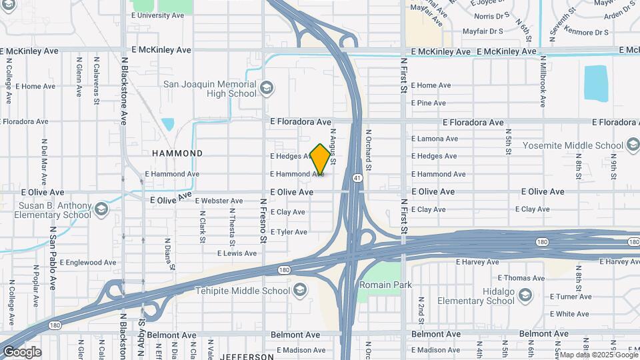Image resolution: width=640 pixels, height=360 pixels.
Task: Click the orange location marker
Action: click(x=320, y=159)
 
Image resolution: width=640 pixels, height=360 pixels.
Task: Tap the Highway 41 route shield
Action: click(x=358, y=178)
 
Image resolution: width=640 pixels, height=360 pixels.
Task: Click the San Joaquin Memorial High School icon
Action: click(x=266, y=88)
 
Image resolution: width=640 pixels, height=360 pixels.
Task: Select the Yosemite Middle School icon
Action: click(x=632, y=145)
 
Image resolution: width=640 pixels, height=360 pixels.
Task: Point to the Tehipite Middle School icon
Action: click(x=300, y=291)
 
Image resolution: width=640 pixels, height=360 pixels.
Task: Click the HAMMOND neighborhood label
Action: click(x=177, y=153)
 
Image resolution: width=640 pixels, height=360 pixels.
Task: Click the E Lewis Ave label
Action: click(x=237, y=253)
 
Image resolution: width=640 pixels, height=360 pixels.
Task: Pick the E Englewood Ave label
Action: click(x=88, y=263)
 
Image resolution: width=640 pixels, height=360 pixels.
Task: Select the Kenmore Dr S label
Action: click(x=587, y=31)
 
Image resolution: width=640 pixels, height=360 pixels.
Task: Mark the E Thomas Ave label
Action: click(x=521, y=278)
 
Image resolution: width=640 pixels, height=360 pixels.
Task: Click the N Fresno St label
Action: click(x=263, y=220)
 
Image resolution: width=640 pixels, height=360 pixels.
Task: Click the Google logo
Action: click(x=22, y=352)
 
